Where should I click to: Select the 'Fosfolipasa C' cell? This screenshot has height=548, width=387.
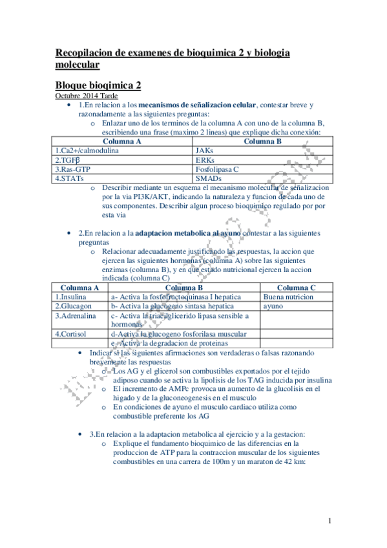tap(217, 169)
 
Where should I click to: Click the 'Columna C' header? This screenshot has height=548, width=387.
tap(295, 288)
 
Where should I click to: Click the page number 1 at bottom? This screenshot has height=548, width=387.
tap(329, 521)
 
